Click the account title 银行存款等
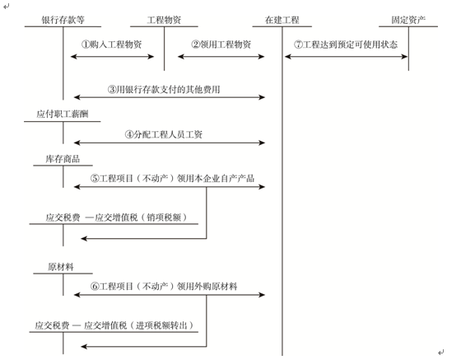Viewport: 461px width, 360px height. [63, 20]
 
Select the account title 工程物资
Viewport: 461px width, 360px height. [164, 20]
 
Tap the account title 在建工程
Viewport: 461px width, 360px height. [282, 20]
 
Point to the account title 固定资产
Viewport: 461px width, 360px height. [408, 20]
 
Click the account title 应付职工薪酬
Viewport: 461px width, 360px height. [63, 114]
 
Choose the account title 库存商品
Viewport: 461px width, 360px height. [63, 159]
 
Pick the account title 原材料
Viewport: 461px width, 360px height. [61, 267]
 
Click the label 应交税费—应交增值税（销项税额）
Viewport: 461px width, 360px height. [116, 217]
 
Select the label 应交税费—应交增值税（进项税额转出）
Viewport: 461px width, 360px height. [114, 325]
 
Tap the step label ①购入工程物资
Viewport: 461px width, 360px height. [112, 44]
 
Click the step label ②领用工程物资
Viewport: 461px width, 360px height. [221, 44]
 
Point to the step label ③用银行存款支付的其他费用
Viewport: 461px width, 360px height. [164, 89]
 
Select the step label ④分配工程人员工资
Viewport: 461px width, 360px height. [164, 134]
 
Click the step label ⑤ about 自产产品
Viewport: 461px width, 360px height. [172, 178]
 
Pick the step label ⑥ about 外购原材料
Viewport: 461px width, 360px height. [164, 286]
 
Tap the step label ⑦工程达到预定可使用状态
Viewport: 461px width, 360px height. [346, 44]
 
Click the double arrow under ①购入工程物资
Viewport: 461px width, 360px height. [112, 57]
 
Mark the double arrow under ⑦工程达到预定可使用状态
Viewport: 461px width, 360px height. [346, 57]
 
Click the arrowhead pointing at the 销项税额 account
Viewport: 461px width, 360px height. [84, 239]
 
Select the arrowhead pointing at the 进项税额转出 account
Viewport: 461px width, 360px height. [84, 347]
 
